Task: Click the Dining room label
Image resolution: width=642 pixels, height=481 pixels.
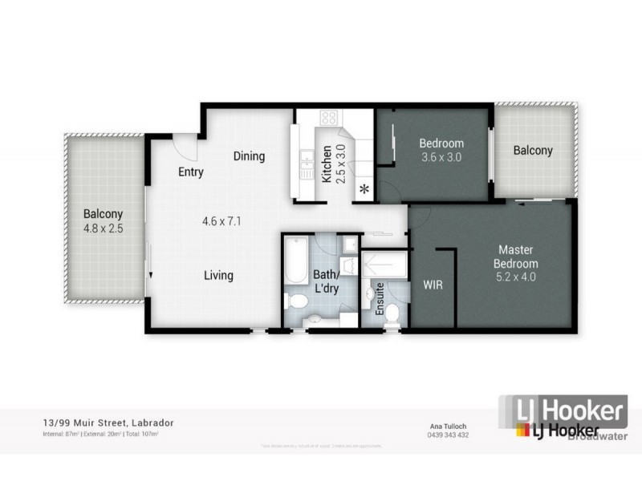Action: click(x=249, y=156)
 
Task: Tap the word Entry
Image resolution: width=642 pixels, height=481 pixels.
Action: click(x=190, y=172)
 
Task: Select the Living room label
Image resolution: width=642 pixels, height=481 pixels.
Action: click(x=217, y=276)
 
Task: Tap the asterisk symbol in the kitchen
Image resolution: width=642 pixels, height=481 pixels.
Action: click(x=364, y=189)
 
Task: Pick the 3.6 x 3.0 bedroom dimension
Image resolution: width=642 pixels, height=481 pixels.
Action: click(x=441, y=157)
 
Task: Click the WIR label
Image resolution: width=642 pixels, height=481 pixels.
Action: click(x=432, y=285)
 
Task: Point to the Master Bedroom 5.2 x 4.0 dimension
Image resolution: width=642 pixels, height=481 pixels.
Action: click(x=516, y=277)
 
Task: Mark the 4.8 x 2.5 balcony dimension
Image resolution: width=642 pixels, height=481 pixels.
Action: click(x=103, y=228)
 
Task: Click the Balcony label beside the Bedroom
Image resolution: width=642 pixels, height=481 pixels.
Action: click(x=533, y=150)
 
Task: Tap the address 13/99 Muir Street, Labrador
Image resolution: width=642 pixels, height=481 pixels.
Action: click(x=108, y=422)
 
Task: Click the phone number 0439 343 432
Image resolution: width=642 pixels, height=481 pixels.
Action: click(x=447, y=435)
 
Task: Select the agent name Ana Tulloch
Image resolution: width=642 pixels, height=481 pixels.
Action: click(x=447, y=426)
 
